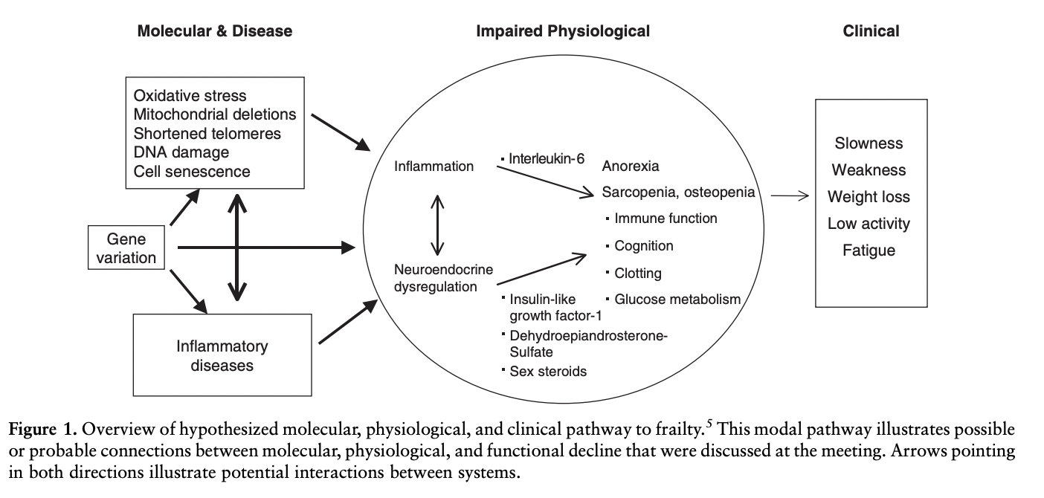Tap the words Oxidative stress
[x=190, y=96]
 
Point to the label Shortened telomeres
[x=207, y=134]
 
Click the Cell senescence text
[x=192, y=172]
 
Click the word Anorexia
[x=631, y=166]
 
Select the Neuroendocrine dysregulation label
[x=443, y=277]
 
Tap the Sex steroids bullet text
[x=547, y=371]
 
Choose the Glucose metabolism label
[x=677, y=300]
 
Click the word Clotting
[x=638, y=273]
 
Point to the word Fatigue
[x=869, y=250]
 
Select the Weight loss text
[x=869, y=197]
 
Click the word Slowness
[x=869, y=143]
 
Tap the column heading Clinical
[x=871, y=31]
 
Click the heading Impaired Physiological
[x=563, y=31]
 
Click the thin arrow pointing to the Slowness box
[x=790, y=196]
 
